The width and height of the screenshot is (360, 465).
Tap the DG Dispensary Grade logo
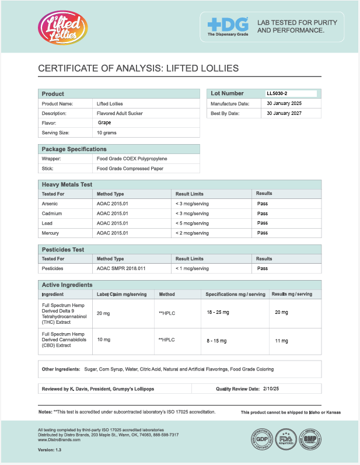(x=228, y=26)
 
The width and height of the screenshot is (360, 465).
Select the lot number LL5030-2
(x=277, y=93)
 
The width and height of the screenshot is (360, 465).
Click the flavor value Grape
(x=104, y=123)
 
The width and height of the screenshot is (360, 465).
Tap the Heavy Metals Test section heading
(x=67, y=184)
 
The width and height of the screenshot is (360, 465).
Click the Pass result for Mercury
(x=263, y=233)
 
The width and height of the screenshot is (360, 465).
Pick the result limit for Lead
(x=192, y=223)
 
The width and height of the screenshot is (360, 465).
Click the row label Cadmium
(x=52, y=213)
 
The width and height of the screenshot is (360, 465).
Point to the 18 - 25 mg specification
(x=218, y=313)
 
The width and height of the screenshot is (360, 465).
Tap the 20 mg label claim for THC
(x=103, y=313)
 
